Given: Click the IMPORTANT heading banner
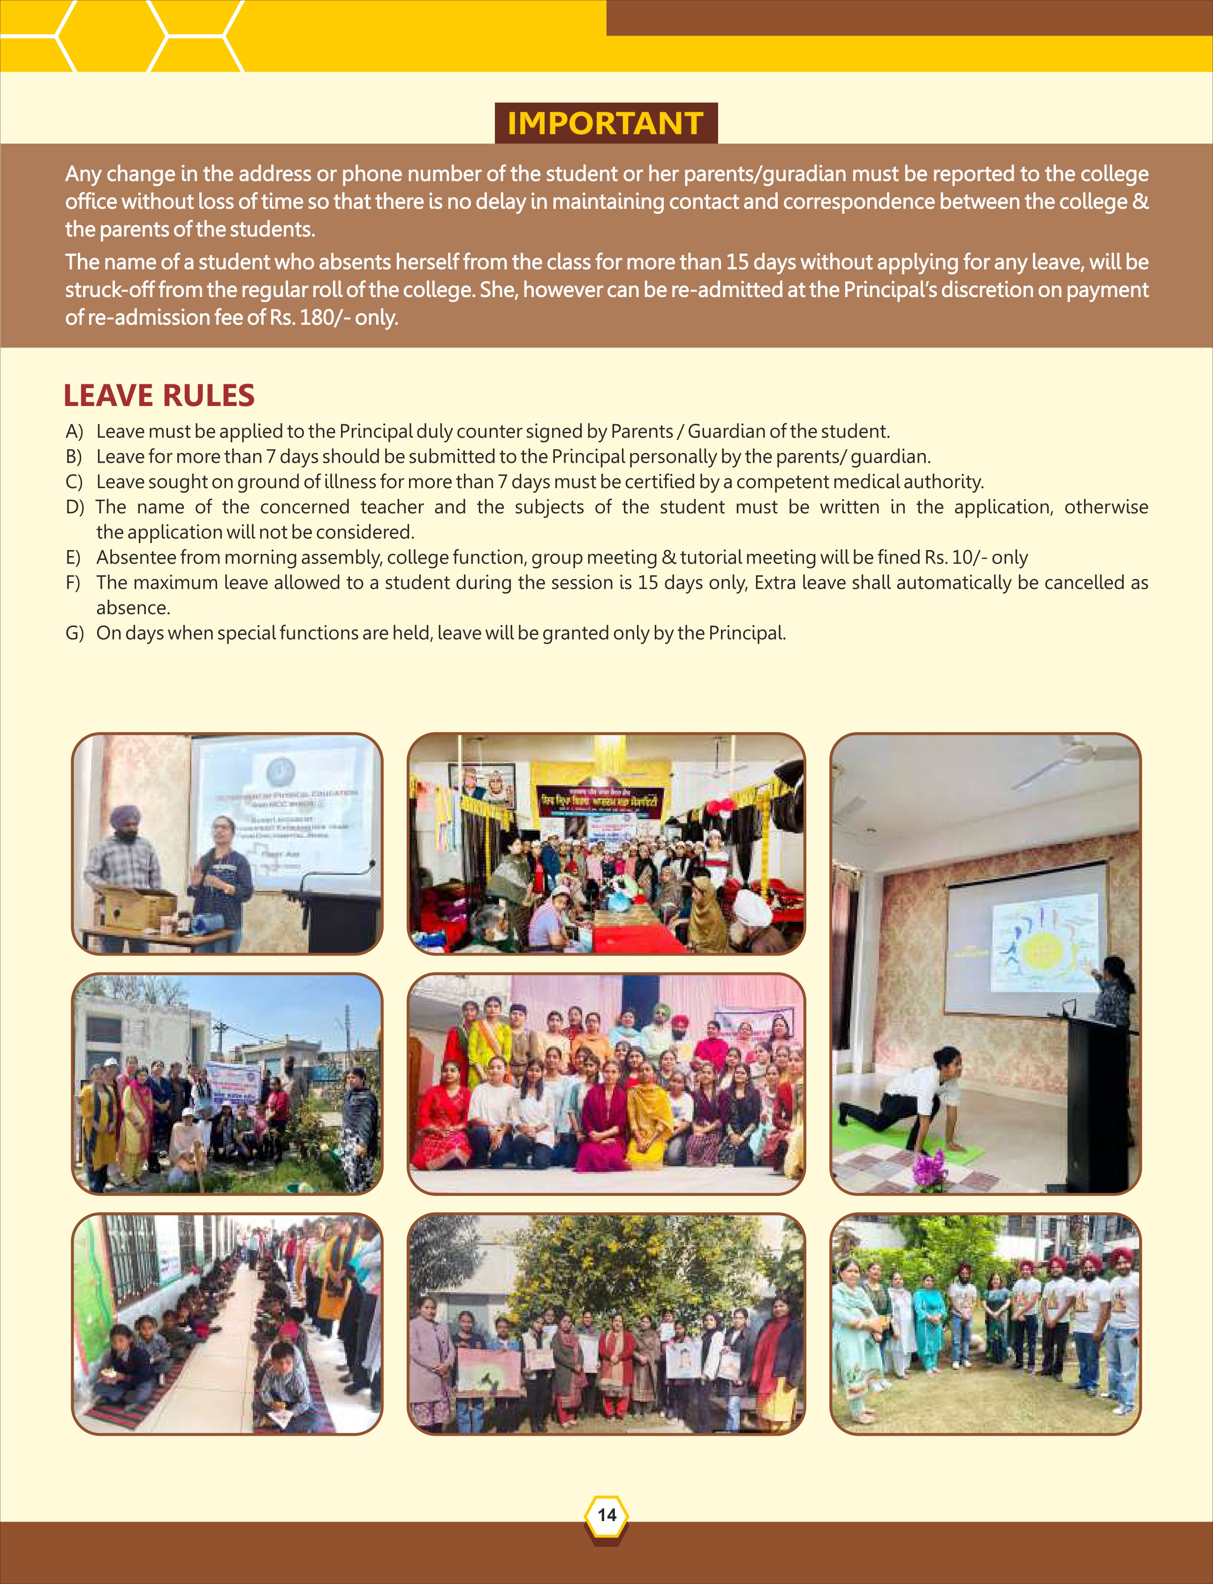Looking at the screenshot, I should (x=605, y=123).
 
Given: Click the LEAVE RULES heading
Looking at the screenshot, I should (x=159, y=396).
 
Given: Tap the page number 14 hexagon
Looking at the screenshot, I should (x=606, y=1514).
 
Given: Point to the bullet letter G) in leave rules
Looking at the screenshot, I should (x=75, y=634).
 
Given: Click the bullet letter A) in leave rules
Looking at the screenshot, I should (x=75, y=432).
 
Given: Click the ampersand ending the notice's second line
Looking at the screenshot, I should (x=1140, y=201).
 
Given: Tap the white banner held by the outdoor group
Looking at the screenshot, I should (x=231, y=1083).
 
